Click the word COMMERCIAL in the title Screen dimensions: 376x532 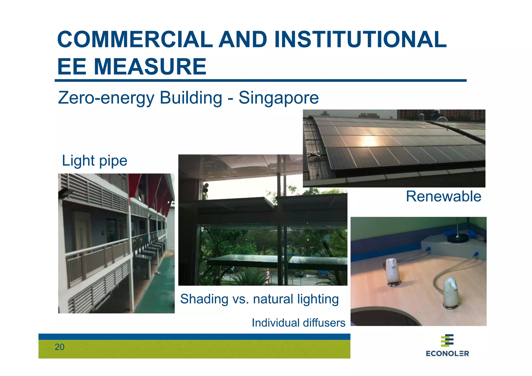point(135,39)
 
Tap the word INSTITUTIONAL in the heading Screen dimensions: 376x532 point(360,39)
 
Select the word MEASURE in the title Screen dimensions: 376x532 point(150,67)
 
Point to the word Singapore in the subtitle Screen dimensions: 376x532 point(278,98)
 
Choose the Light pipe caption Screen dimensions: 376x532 point(95,160)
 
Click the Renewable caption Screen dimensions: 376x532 point(443,196)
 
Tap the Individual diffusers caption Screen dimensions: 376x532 point(298,323)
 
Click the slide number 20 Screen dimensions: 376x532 point(59,347)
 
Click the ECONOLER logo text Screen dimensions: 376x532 point(447,353)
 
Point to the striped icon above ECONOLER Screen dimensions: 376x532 point(447,340)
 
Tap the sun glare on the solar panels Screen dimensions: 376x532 point(369,141)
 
